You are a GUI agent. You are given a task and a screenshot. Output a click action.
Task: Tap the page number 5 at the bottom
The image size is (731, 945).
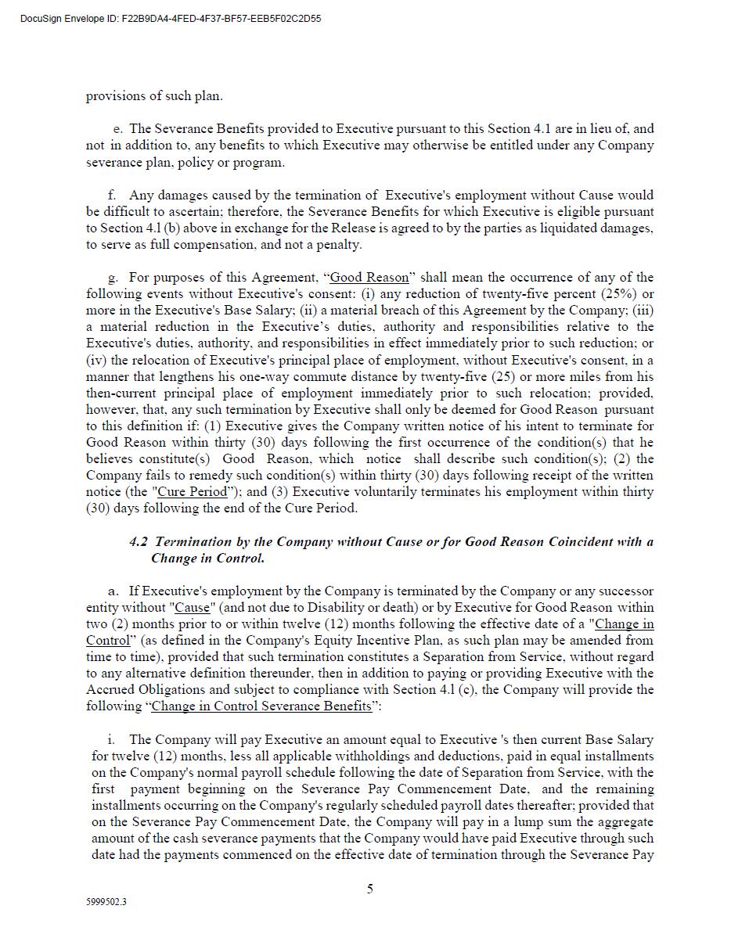coord(370,889)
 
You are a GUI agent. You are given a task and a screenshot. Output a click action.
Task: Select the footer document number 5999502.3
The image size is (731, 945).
coord(106,902)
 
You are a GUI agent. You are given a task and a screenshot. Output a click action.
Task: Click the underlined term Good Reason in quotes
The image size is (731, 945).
coord(369,278)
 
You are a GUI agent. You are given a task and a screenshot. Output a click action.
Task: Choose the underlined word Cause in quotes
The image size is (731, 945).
coord(192,608)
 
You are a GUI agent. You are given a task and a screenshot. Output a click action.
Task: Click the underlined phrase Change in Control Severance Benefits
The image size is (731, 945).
coord(261,706)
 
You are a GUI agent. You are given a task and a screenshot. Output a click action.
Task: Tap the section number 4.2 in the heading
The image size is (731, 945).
coord(139,541)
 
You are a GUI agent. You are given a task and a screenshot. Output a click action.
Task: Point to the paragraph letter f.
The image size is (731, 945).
coord(112,196)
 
